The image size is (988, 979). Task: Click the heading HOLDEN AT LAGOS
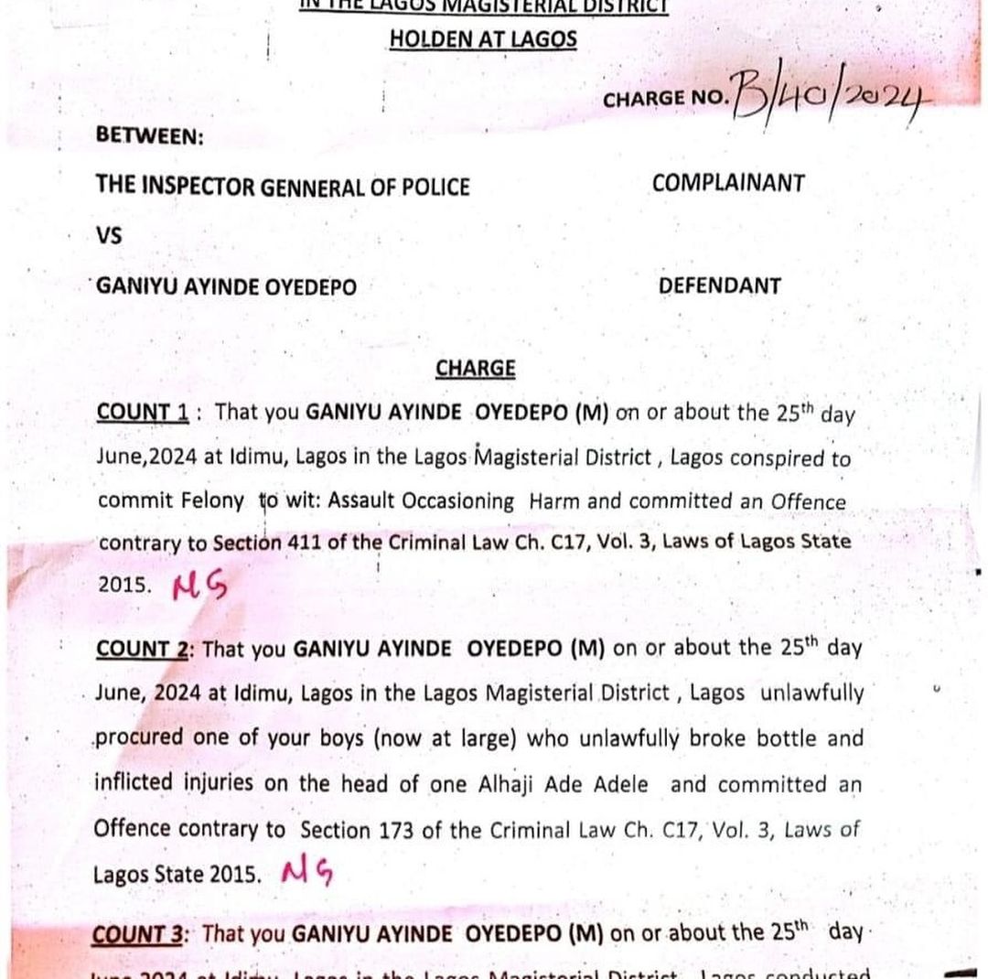point(483,38)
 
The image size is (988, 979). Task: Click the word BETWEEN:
point(150,135)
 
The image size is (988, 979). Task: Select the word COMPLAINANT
point(728,183)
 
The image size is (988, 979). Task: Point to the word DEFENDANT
point(720,285)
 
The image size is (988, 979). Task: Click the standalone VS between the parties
point(109,235)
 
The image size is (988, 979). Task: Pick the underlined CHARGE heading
point(475,368)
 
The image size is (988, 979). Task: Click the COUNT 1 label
point(143,413)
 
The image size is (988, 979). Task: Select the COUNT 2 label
point(144,649)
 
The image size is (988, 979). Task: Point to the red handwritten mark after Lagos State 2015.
point(308,873)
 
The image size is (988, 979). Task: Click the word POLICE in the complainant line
point(434,188)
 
